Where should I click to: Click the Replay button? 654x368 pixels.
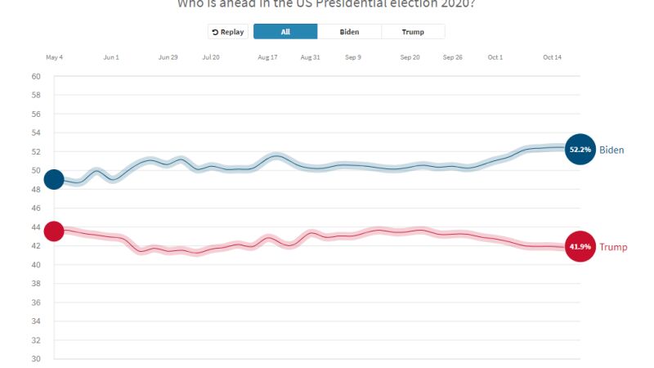point(228,32)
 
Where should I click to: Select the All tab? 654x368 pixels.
point(285,32)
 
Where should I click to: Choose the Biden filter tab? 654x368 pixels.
point(349,32)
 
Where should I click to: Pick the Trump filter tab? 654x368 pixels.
point(413,32)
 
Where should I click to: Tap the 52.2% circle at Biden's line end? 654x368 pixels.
point(580,150)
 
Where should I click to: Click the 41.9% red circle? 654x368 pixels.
point(580,247)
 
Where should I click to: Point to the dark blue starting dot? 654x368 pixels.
point(54,179)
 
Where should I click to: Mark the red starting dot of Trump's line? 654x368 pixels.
point(54,231)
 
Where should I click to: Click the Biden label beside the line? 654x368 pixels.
point(611,150)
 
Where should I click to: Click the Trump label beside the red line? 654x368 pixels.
point(614,247)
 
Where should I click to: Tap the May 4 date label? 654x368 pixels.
point(54,57)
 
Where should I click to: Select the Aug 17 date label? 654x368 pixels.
point(267,57)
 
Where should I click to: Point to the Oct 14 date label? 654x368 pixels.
point(553,57)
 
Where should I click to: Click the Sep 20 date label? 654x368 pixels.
point(410,57)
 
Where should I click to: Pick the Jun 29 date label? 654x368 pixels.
point(168,57)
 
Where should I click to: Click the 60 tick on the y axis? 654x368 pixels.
point(36,77)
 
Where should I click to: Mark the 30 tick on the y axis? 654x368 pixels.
point(36,359)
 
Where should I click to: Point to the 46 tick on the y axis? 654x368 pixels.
point(36,209)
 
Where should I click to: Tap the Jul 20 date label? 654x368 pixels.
point(210,57)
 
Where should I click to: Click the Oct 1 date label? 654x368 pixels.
point(495,57)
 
